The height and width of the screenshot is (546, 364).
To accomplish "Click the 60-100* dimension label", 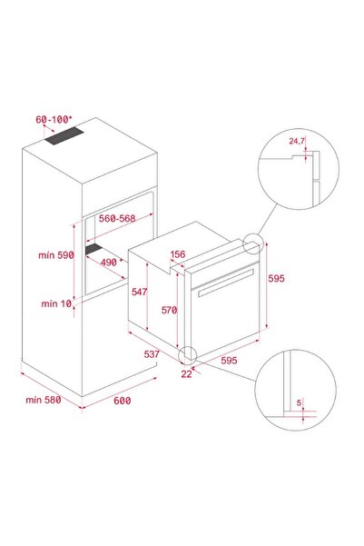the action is pyautogui.click(x=54, y=119).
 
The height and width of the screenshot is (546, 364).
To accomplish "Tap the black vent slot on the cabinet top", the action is pyautogui.click(x=64, y=135).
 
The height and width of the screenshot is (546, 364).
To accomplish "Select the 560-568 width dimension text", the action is pyautogui.click(x=117, y=218).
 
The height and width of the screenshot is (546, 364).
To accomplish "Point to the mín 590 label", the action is pyautogui.click(x=56, y=255).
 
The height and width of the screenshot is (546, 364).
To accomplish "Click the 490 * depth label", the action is pyautogui.click(x=112, y=262).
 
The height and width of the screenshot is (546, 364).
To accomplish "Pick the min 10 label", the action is pyautogui.click(x=56, y=303).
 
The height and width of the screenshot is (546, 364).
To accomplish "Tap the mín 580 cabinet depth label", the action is pyautogui.click(x=44, y=400).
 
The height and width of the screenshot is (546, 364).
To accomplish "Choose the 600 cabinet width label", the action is pyautogui.click(x=123, y=401).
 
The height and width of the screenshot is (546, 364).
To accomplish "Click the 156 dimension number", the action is pyautogui.click(x=178, y=254).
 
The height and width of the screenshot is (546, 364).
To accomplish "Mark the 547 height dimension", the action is pyautogui.click(x=139, y=292).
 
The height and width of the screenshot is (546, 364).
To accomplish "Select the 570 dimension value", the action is pyautogui.click(x=169, y=310).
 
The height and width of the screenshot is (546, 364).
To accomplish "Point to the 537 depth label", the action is pyautogui.click(x=152, y=354).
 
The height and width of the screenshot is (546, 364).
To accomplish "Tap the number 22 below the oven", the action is pyautogui.click(x=186, y=373).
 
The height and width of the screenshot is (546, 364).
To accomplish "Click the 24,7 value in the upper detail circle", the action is pyautogui.click(x=297, y=141).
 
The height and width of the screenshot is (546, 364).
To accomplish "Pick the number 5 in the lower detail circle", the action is pyautogui.click(x=299, y=402).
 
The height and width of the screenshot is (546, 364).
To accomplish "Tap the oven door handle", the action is pyautogui.click(x=226, y=283).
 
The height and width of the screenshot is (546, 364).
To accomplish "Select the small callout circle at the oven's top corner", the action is pyautogui.click(x=252, y=243).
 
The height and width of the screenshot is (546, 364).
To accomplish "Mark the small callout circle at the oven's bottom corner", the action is pyautogui.click(x=188, y=355).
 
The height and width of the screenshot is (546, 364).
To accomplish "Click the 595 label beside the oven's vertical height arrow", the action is pyautogui.click(x=276, y=278).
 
